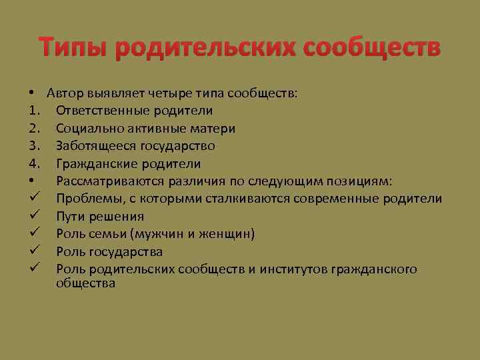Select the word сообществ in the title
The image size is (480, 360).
pyautogui.click(x=372, y=49)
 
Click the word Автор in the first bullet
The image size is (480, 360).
pyautogui.click(x=64, y=93)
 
